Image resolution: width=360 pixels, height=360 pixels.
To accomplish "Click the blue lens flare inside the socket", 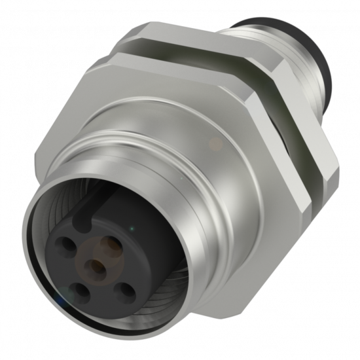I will point(60,300).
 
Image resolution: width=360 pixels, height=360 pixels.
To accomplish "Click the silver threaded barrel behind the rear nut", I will point(262,33).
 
